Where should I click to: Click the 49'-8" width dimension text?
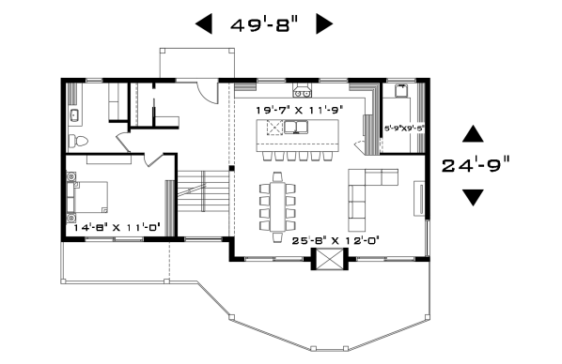264,24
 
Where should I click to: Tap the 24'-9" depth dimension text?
476,165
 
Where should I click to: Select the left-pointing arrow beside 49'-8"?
203,24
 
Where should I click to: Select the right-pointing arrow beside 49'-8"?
324,24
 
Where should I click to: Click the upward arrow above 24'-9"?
473,134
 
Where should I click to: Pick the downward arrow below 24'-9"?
473,197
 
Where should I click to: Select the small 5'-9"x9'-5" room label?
403,128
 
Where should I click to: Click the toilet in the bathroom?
80,142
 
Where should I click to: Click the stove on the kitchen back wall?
303,91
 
